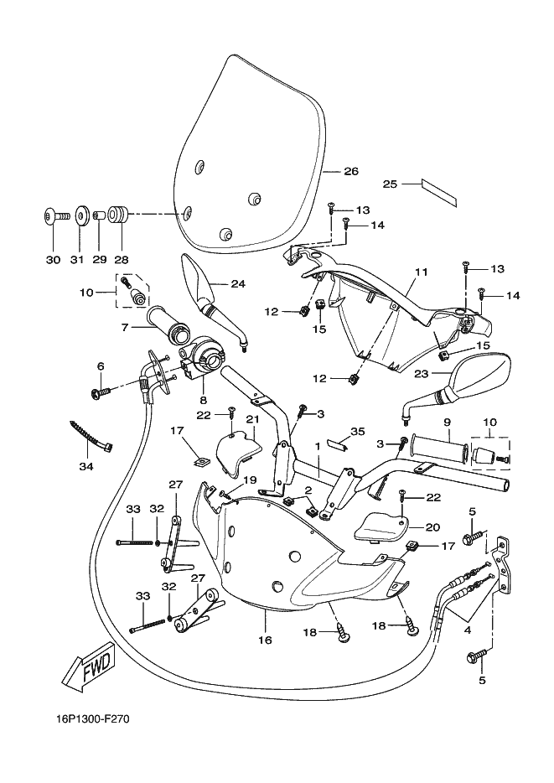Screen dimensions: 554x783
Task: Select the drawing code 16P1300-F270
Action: [x=87, y=719]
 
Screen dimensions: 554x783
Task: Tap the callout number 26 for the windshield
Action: [x=351, y=171]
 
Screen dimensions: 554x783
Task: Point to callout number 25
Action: [x=390, y=184]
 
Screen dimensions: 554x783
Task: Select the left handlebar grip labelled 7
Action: [x=168, y=325]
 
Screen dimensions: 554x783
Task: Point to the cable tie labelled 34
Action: [x=91, y=434]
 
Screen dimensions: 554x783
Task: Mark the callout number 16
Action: [x=265, y=640]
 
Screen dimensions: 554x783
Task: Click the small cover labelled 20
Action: [x=382, y=526]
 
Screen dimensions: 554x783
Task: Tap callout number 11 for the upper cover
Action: [x=422, y=272]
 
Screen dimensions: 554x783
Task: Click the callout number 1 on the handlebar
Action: [x=317, y=445]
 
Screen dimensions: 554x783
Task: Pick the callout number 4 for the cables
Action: [x=467, y=630]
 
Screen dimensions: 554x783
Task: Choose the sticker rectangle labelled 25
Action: [x=438, y=192]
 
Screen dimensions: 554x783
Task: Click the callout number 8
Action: [x=204, y=400]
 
